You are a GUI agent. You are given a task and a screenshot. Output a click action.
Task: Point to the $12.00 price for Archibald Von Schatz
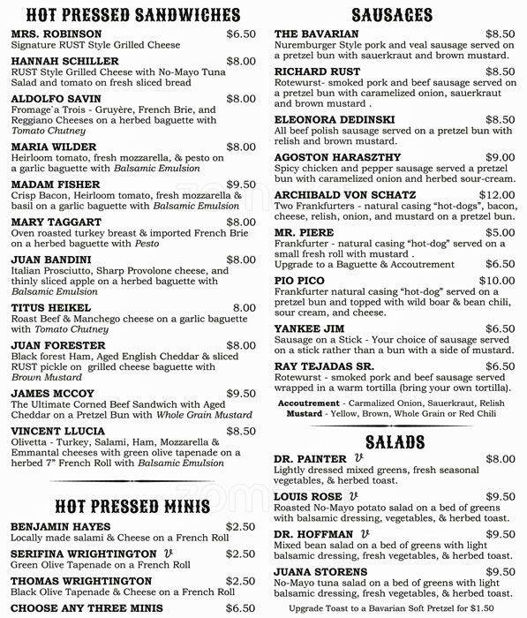point(496,195)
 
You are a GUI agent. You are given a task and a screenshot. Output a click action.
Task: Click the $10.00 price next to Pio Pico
point(496,281)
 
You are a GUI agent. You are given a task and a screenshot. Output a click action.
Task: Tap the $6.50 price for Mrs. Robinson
point(240,34)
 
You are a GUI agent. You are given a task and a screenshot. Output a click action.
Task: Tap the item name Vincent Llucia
point(56,432)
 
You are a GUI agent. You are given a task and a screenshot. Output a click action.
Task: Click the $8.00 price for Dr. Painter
point(500,460)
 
